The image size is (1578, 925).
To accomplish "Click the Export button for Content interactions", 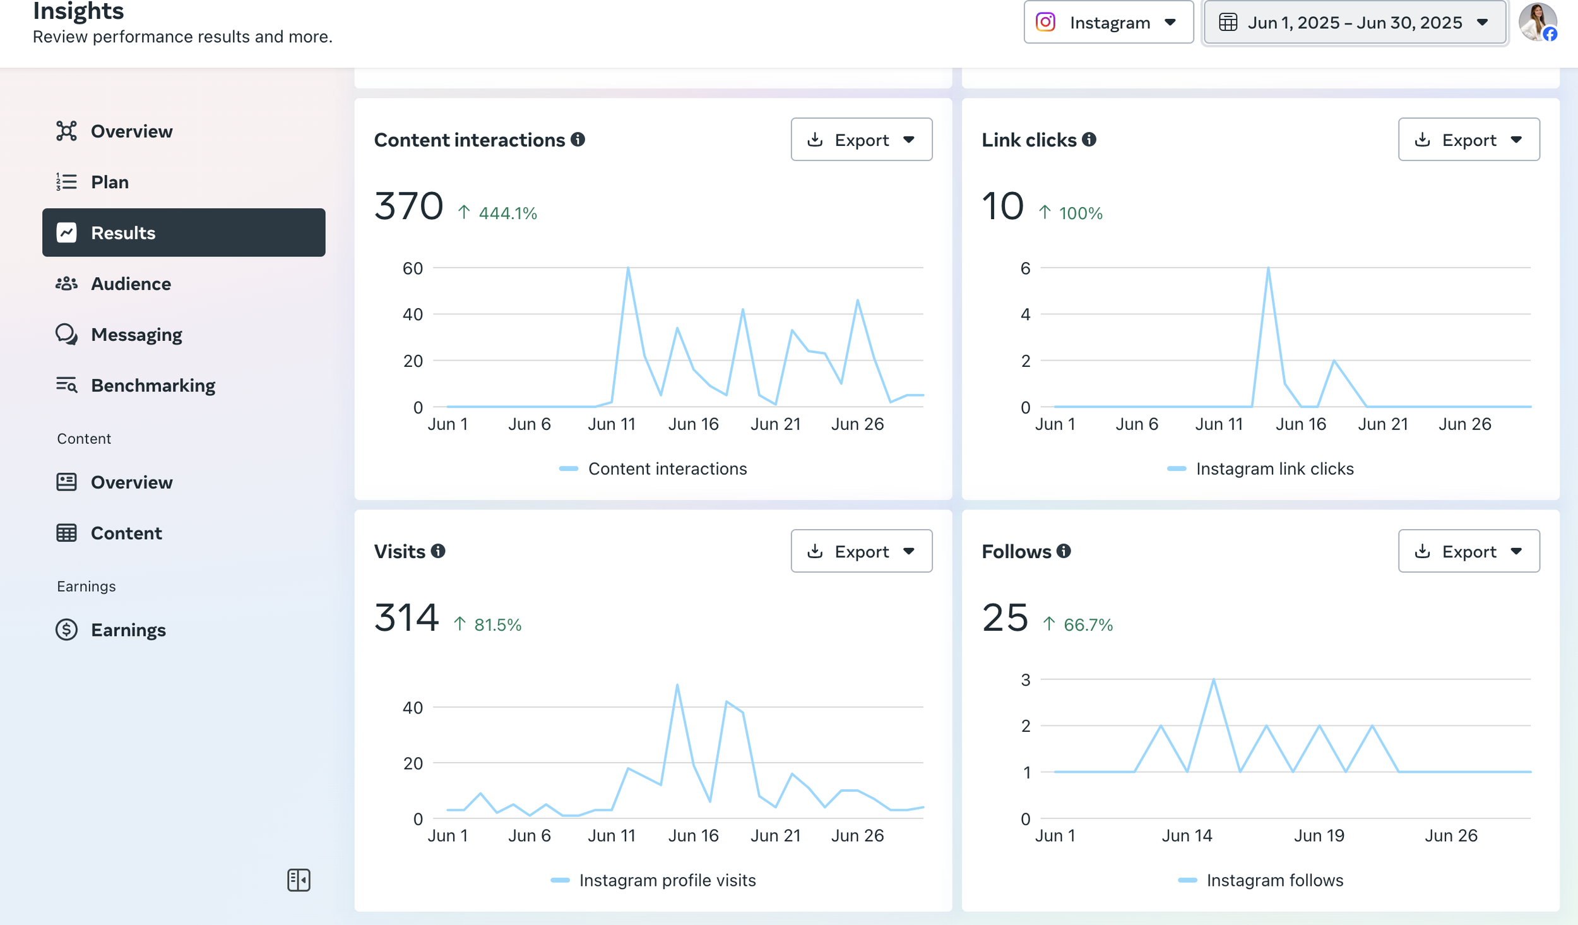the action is (861, 140).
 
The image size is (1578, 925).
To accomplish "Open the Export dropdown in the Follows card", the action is (1468, 551).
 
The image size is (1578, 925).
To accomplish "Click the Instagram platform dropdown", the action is (1108, 23).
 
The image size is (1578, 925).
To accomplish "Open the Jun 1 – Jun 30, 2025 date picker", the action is (1355, 23).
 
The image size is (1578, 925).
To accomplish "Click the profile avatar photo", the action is (1538, 22).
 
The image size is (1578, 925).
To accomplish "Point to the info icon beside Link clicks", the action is (1089, 139).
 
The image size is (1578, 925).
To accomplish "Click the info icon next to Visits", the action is (438, 551).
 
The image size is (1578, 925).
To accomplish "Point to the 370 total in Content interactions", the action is (408, 206).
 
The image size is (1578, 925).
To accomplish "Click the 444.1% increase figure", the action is (507, 213).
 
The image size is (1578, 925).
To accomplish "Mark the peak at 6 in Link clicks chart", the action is (1268, 268).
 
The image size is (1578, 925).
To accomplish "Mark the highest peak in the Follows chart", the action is (1213, 679).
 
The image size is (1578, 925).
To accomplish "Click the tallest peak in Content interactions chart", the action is (628, 268).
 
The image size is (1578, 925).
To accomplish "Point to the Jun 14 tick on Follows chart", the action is (1187, 835).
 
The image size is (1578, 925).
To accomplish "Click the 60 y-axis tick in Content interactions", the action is (413, 268).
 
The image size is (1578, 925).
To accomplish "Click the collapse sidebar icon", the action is (299, 880).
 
